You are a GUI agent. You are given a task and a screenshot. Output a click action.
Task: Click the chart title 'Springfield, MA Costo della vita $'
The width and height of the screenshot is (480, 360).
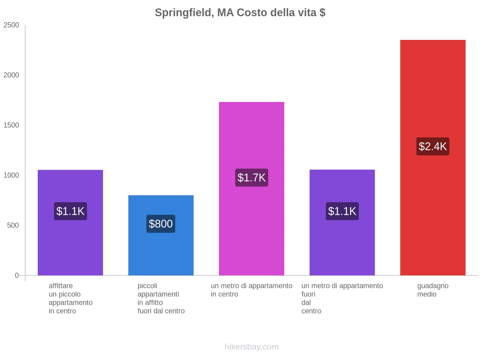click(x=240, y=13)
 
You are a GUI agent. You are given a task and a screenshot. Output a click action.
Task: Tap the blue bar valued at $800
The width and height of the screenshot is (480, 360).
click(x=161, y=252)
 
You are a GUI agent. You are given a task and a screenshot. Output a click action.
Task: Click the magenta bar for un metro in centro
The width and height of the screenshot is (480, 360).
click(x=251, y=135)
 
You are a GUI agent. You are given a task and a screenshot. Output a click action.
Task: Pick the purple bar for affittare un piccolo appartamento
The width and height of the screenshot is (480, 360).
click(x=70, y=246)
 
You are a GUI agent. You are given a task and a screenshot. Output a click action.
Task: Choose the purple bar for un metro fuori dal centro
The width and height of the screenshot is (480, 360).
click(x=342, y=246)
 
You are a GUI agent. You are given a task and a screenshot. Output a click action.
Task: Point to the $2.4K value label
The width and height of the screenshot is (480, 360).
click(x=433, y=146)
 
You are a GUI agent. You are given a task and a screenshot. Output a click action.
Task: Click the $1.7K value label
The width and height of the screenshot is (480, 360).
click(x=251, y=178)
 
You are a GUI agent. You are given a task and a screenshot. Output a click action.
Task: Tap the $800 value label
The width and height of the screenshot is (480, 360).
click(x=161, y=224)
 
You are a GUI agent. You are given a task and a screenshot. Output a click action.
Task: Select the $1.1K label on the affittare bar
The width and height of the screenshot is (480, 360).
click(x=70, y=211)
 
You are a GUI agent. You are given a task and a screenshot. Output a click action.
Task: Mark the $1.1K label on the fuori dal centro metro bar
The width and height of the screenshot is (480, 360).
click(x=342, y=211)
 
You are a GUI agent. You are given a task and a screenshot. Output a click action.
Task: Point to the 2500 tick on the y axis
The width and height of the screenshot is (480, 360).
click(x=11, y=25)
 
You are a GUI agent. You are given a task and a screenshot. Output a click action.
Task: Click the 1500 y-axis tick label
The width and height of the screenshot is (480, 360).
click(x=11, y=125)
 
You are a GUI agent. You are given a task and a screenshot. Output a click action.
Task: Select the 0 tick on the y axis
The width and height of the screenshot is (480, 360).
click(x=17, y=275)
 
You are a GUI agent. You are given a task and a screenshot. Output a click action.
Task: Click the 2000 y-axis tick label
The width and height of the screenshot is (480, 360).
click(x=11, y=75)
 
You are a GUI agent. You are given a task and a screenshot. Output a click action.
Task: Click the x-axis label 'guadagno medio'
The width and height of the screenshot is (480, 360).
click(x=433, y=290)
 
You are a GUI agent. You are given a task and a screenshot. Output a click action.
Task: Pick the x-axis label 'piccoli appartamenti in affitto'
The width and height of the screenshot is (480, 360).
click(x=161, y=298)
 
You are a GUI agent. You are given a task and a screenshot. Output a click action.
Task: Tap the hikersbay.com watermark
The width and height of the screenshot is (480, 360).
click(x=251, y=347)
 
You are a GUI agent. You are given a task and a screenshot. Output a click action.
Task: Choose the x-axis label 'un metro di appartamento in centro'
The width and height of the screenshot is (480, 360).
click(x=251, y=290)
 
